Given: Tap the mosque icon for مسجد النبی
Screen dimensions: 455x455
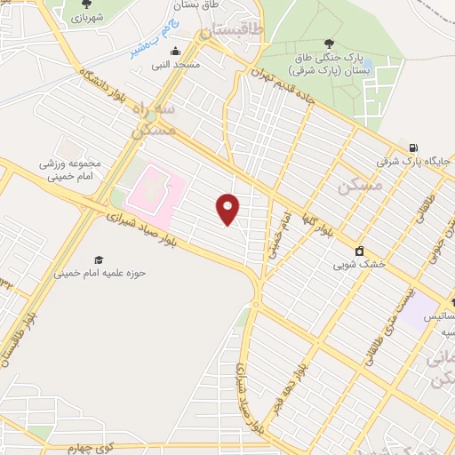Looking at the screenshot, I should (x=175, y=51).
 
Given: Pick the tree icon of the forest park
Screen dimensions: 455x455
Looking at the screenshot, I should (x=331, y=43).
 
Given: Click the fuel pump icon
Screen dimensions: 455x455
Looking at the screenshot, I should (x=413, y=148).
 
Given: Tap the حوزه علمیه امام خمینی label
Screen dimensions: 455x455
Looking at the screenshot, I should (x=100, y=274).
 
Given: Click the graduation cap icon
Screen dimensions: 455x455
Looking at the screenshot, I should (x=99, y=259).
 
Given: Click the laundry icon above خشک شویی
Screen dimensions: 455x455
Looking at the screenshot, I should (x=359, y=251).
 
